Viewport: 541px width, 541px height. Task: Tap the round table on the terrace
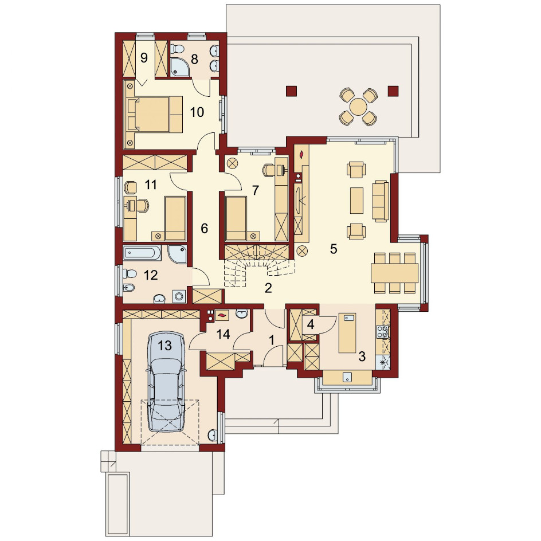coord(359,107)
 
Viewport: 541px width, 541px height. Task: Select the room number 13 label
coord(164,346)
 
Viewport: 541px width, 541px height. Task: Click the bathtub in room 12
coord(142,253)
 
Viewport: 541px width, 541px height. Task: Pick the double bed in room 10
coord(155,114)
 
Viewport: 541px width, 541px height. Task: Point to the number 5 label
coord(334,249)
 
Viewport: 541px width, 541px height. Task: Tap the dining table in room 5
coord(395,273)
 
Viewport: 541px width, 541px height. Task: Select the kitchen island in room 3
coord(347,332)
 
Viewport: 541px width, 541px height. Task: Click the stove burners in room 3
coord(383,332)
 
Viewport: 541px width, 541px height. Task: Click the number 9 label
coord(144,58)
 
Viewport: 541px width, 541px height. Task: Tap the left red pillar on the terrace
coord(291,91)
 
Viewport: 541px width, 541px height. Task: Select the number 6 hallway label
coord(204,228)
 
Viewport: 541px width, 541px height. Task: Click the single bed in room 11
coord(175,218)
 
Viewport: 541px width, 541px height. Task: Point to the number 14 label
coord(224,334)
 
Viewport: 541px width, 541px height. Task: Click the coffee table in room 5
coord(356,201)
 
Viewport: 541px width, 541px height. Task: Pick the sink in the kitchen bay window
coord(347,377)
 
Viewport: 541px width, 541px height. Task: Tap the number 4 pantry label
coord(311,324)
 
